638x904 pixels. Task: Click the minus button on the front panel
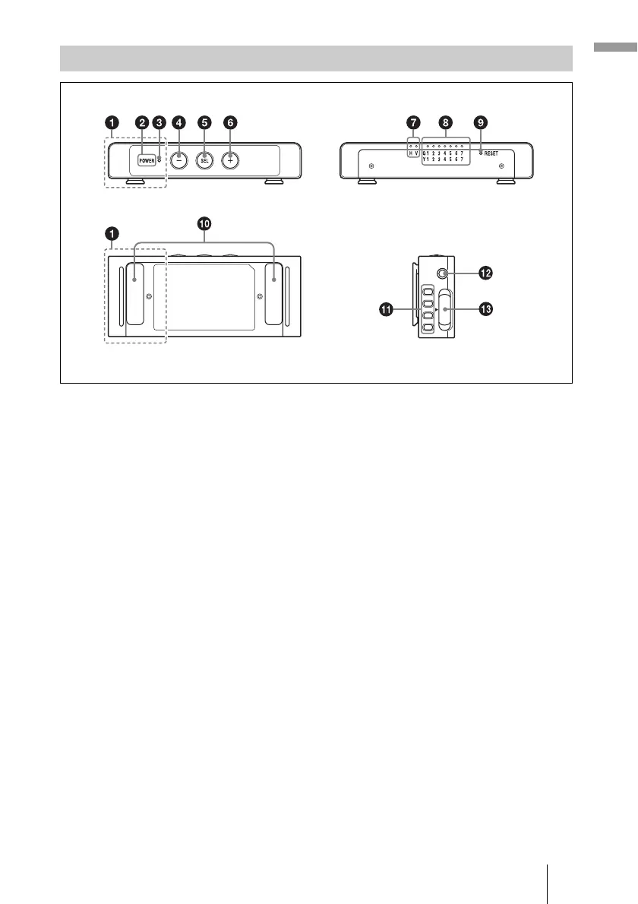[x=178, y=160]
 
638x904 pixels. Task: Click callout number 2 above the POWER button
[x=141, y=122]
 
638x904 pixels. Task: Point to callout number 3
[x=159, y=122]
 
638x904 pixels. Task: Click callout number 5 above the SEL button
[x=204, y=122]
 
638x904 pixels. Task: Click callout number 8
[x=445, y=122]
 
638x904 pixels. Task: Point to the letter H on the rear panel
[x=410, y=153]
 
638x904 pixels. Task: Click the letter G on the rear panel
[x=424, y=153]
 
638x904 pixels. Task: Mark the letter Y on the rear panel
[x=424, y=160]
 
